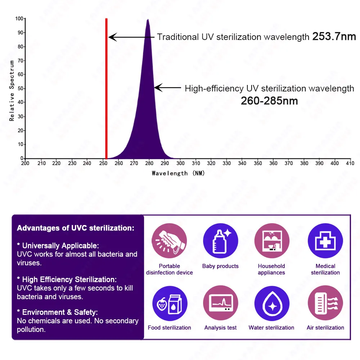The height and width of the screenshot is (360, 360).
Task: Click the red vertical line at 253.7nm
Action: (106, 90)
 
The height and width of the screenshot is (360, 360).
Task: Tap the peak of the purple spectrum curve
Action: (148, 21)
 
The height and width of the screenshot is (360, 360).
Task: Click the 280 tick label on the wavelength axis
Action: (149, 163)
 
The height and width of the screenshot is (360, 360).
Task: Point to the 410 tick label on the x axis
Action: (350, 163)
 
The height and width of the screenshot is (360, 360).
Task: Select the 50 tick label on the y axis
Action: (21, 88)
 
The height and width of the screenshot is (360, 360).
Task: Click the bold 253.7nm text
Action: (334, 36)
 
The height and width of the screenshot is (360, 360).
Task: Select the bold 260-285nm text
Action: (269, 101)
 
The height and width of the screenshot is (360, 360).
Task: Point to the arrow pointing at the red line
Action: (131, 37)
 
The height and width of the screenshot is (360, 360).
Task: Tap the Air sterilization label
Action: (325, 328)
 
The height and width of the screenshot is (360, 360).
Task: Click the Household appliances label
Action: (271, 269)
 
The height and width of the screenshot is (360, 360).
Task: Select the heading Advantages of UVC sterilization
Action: (76, 228)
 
